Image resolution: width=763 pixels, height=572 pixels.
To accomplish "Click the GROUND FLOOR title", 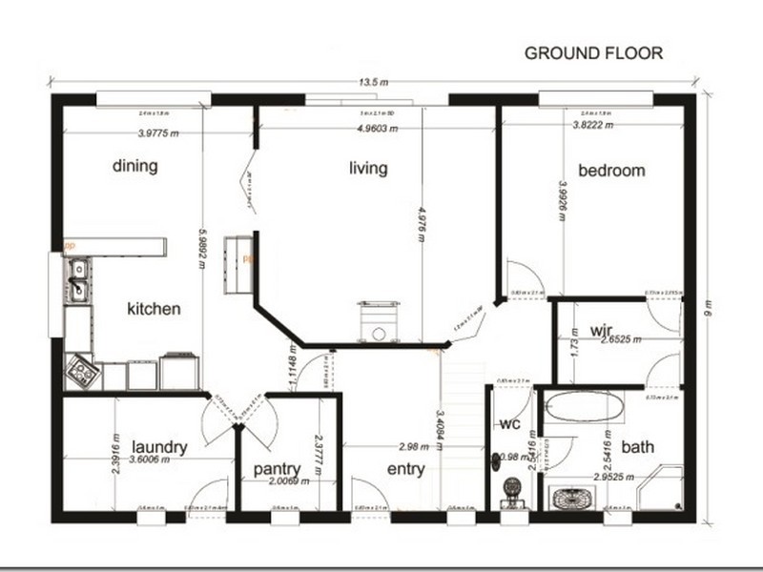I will pyautogui.click(x=593, y=53).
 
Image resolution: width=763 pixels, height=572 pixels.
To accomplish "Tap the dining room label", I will pyautogui.click(x=134, y=166).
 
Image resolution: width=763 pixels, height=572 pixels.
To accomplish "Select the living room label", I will pyautogui.click(x=367, y=169).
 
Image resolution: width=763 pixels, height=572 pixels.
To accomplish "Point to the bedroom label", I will pyautogui.click(x=611, y=171).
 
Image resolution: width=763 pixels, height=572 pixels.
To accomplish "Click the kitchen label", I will pyautogui.click(x=154, y=309).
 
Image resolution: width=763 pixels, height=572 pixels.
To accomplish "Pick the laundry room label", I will pyautogui.click(x=158, y=446).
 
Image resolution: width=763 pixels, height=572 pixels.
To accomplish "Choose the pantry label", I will pyautogui.click(x=278, y=469).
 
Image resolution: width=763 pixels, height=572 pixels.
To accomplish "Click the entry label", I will pyautogui.click(x=405, y=469).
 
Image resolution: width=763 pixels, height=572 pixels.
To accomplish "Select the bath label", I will pyautogui.click(x=637, y=446).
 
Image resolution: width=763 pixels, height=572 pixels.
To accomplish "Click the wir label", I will pyautogui.click(x=600, y=331).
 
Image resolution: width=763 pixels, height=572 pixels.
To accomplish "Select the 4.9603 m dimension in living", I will pyautogui.click(x=377, y=128).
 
